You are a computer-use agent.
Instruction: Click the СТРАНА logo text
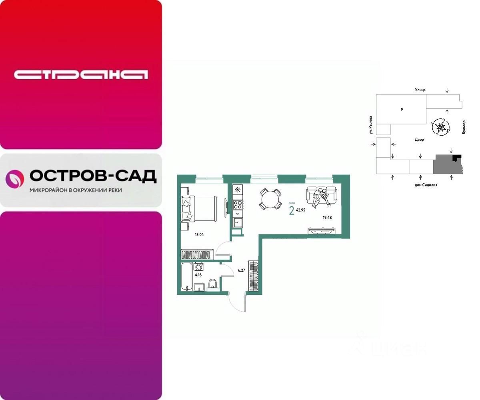81,74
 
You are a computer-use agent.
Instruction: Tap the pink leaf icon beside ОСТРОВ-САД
15,179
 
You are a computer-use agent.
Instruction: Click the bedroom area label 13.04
199,235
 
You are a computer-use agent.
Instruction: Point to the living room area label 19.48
327,218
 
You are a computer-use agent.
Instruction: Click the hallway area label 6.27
241,270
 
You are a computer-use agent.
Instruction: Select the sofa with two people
321,196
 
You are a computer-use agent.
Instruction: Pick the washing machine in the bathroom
199,267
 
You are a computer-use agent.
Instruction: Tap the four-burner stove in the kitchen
238,205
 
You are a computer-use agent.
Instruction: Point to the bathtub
186,277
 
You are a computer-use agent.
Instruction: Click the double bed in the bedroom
199,208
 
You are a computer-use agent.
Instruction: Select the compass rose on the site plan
441,127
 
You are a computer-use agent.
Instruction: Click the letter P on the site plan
401,109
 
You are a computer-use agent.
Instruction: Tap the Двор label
419,140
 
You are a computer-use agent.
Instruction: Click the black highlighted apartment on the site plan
456,157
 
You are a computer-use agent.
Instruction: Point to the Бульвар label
464,128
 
